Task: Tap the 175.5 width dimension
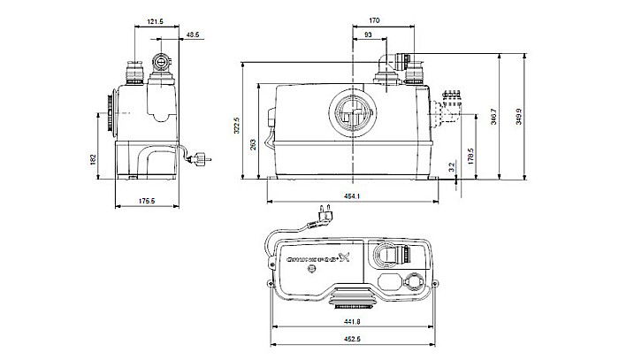[146, 201]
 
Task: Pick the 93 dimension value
[368, 34]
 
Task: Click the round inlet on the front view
[356, 114]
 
